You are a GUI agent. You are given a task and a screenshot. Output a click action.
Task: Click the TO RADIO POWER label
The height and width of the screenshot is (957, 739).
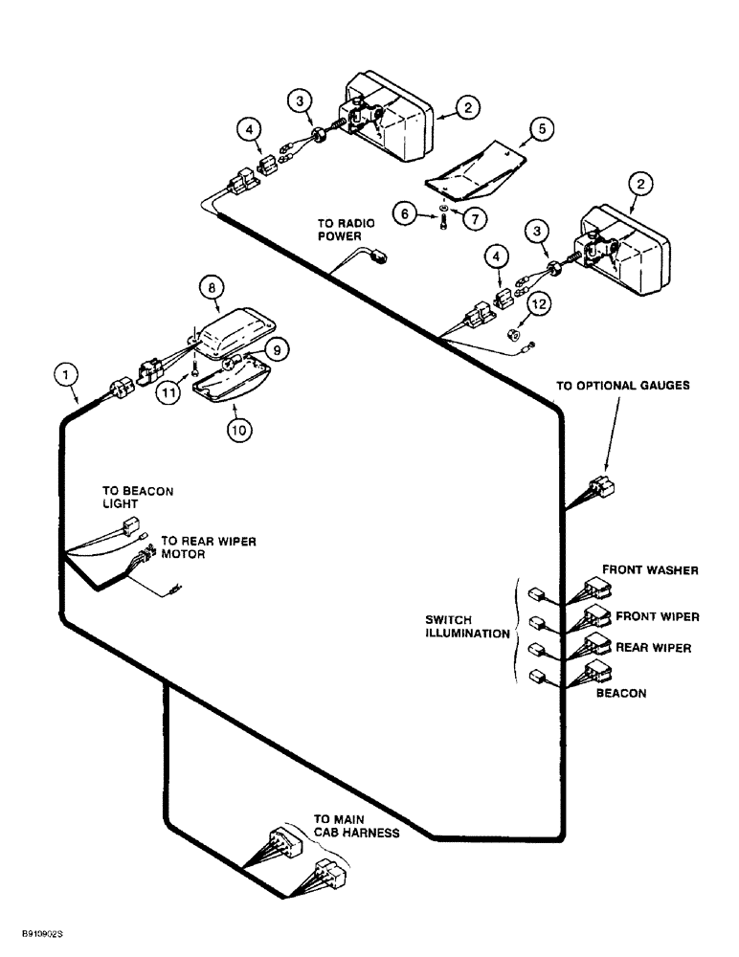click(x=346, y=231)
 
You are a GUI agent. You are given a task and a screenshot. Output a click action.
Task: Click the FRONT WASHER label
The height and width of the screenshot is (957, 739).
click(x=649, y=570)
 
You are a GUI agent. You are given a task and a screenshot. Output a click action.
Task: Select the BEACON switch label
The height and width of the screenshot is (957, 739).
click(x=620, y=693)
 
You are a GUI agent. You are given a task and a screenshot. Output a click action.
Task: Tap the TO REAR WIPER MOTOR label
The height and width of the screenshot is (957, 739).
click(x=208, y=547)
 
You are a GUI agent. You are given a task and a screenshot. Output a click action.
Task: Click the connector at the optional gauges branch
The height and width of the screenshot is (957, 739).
click(x=599, y=487)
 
